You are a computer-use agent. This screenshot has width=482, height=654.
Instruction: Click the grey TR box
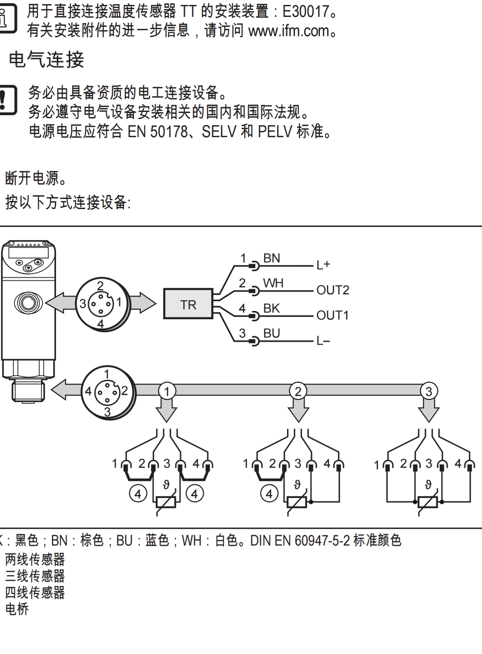pyautogui.click(x=188, y=304)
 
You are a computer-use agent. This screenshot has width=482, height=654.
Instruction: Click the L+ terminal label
pyautogui.click(x=323, y=265)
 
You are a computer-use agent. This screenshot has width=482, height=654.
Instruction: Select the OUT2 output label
pyautogui.click(x=333, y=290)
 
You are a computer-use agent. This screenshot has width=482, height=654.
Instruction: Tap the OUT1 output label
pyautogui.click(x=332, y=315)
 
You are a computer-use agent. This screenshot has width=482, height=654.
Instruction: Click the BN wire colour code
pyautogui.click(x=272, y=258)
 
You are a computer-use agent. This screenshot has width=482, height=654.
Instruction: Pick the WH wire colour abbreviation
pyautogui.click(x=273, y=283)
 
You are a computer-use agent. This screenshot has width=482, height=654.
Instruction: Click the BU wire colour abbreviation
pyautogui.click(x=272, y=333)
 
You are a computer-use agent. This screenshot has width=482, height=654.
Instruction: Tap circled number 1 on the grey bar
pyautogui.click(x=167, y=391)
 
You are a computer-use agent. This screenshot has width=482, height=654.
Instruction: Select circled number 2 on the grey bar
pyautogui.click(x=298, y=391)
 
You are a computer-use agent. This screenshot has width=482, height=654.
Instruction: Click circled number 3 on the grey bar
pyautogui.click(x=429, y=391)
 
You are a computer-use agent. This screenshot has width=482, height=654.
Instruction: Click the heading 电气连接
pyautogui.click(x=46, y=60)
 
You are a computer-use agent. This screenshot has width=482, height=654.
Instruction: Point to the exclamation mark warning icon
pyautogui.click(x=7, y=100)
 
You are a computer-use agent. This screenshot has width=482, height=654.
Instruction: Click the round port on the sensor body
pyautogui.click(x=28, y=302)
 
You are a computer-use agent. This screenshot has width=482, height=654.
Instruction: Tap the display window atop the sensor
pyautogui.click(x=28, y=253)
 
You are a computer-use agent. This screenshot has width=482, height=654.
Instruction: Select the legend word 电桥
pyautogui.click(x=17, y=609)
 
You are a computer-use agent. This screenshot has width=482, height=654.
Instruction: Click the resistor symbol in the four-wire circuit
pyautogui.click(x=428, y=502)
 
